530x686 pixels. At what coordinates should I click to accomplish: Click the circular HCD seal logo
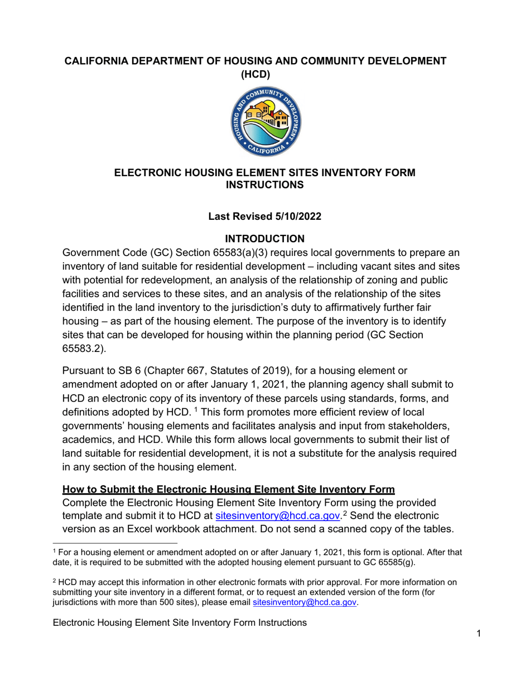(x=264, y=122)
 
